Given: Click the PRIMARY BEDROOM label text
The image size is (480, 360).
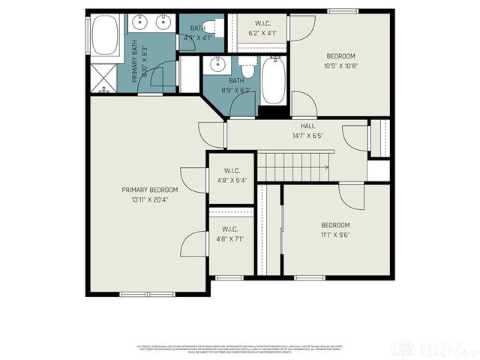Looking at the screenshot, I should (150, 190).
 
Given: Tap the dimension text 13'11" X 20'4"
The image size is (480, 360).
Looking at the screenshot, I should (150, 199).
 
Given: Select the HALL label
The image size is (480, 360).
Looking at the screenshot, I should (307, 126).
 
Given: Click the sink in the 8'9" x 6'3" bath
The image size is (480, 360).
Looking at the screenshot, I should (217, 64).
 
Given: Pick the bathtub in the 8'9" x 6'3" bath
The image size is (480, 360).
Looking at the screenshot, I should (271, 80).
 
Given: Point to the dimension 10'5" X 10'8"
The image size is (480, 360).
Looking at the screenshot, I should (340, 66).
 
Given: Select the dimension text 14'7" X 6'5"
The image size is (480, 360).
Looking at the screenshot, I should (307, 136).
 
